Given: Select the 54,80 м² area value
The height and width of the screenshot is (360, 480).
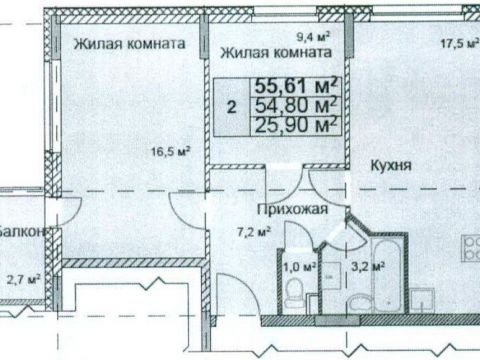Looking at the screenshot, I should [x=297, y=105].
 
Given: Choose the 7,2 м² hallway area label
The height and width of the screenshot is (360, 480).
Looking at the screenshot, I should [x=254, y=234].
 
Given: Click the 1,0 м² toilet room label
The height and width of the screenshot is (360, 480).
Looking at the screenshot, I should [x=301, y=266].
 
